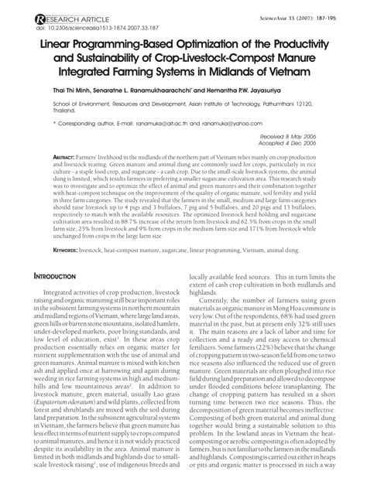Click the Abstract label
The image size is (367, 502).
[x=69, y=157]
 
